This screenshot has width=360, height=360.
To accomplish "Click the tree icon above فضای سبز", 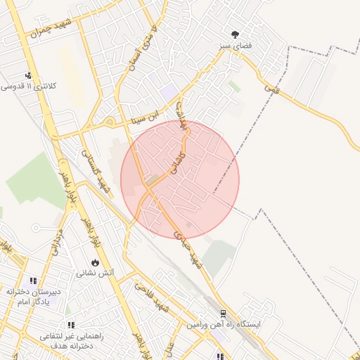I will [x=234, y=34].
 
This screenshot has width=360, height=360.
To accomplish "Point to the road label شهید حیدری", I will [x=188, y=250].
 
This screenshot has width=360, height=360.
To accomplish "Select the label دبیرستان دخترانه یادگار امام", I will [x=32, y=296].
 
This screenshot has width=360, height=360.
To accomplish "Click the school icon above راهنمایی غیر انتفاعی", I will [x=71, y=325].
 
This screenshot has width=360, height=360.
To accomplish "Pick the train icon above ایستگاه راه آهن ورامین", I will [x=223, y=314].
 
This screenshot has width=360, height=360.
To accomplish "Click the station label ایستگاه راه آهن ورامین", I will [x=225, y=326].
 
